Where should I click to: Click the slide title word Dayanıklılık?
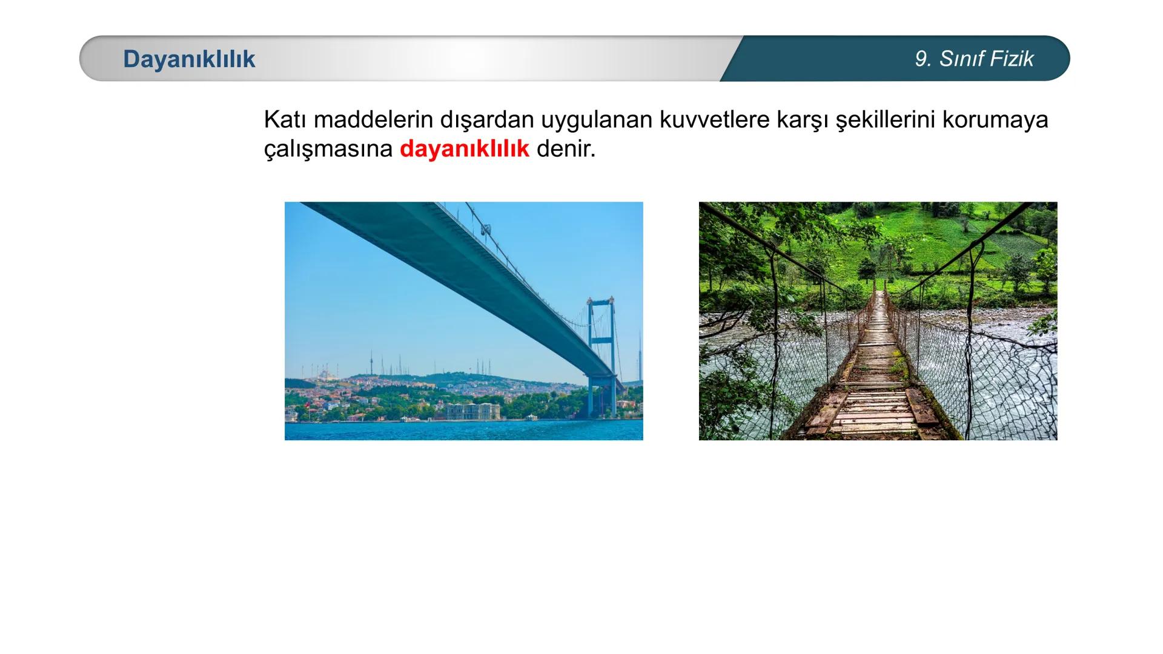click(x=189, y=59)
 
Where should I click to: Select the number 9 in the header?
click(x=921, y=59)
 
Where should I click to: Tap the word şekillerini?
click(x=886, y=120)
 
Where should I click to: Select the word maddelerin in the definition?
click(x=373, y=120)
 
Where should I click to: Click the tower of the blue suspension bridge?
click(x=601, y=351)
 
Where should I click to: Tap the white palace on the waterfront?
click(x=472, y=411)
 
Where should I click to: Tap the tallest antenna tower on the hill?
click(x=372, y=364)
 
